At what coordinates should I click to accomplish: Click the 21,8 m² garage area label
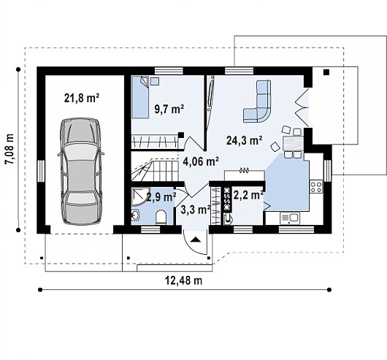coord(82,98)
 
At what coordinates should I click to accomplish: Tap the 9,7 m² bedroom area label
coord(169,109)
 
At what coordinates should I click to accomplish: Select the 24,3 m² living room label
coord(244,140)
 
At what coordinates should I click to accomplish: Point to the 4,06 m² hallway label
coord(201,161)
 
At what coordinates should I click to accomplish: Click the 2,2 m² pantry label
coord(248,195)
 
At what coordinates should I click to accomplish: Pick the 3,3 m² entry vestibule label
coord(195,210)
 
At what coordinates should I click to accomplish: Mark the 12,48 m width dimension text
coord(183,280)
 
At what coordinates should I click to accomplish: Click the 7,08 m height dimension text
coord(10,149)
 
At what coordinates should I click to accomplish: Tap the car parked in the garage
coord(81,172)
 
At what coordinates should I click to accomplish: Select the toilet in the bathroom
coord(161,217)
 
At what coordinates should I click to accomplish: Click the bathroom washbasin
coord(136,215)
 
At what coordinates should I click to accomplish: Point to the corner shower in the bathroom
coord(140,196)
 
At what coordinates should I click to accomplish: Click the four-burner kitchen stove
coord(316,186)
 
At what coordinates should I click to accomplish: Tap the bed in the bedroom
coord(140,97)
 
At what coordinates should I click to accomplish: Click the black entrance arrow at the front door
coord(196,240)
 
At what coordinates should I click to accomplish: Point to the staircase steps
coord(155,170)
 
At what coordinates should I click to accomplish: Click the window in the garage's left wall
coord(41,172)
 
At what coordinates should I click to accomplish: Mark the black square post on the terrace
coord(326,72)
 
